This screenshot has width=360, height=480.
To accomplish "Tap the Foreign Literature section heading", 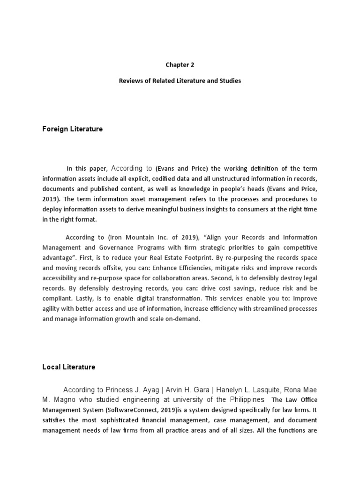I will [x=72, y=129].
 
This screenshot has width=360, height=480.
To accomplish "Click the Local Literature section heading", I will [x=68, y=367].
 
